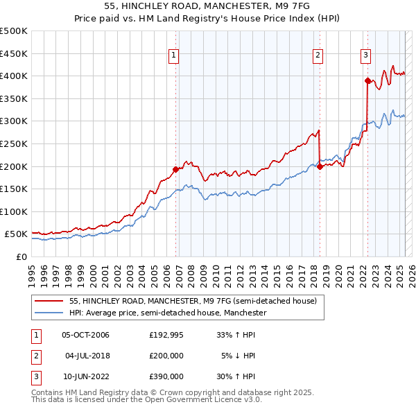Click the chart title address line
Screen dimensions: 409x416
pos(207,6)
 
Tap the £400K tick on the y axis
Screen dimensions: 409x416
pos(14,76)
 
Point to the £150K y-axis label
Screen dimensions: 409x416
pos(14,189)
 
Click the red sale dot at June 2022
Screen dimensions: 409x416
pos(367,80)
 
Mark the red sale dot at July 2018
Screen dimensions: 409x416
pos(320,166)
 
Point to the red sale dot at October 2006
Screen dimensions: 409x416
pos(175,169)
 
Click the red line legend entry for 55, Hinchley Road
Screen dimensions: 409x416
pos(193,301)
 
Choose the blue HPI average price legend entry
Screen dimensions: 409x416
pos(168,313)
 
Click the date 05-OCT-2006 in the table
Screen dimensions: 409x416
pos(85,335)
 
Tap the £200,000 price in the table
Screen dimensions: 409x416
pos(166,356)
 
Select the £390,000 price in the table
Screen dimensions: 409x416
pos(166,376)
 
